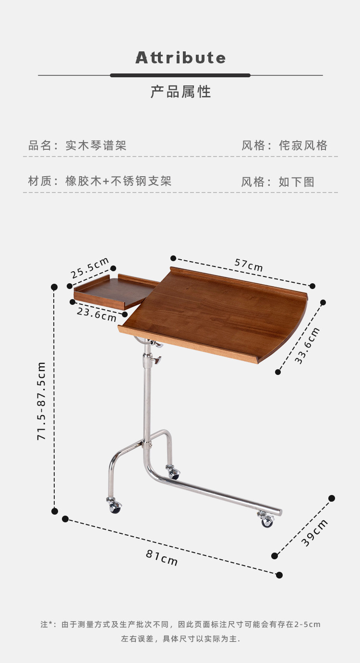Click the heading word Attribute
click(x=180, y=58)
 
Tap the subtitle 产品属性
click(x=180, y=92)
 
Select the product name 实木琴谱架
click(x=96, y=145)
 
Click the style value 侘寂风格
click(x=303, y=145)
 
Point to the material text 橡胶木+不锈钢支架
click(x=119, y=181)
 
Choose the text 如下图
click(x=297, y=182)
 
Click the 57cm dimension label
click(x=249, y=265)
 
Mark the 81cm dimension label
click(x=162, y=558)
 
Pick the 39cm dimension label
click(x=314, y=533)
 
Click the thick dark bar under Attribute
click(x=180, y=75)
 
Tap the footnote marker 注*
click(x=47, y=625)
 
